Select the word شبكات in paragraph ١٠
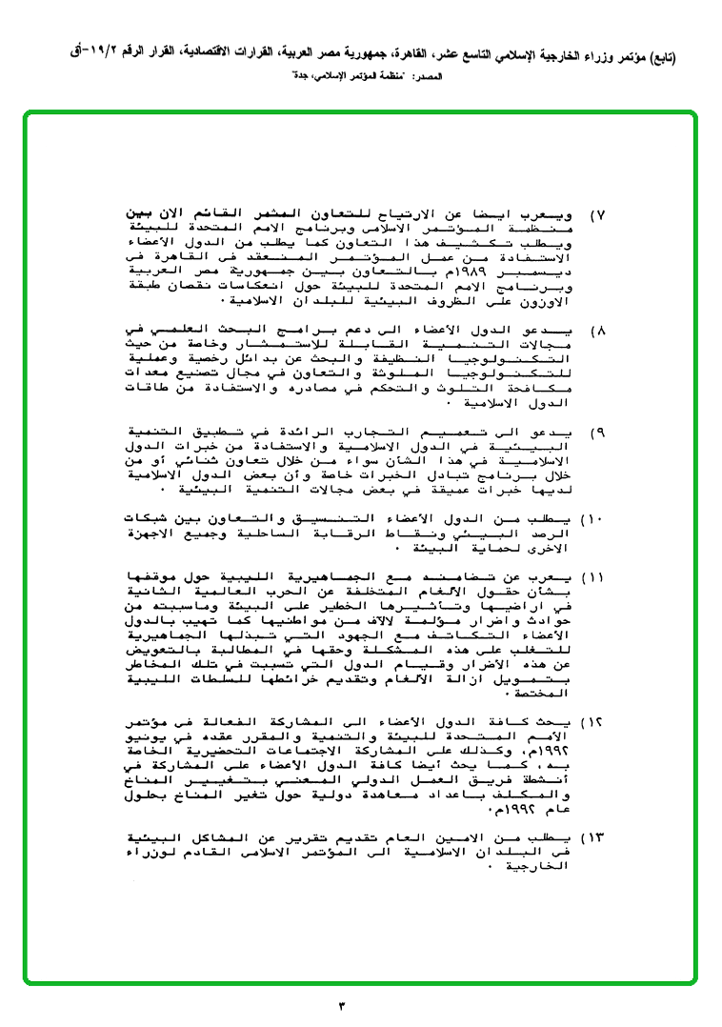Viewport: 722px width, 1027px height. coord(150,518)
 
